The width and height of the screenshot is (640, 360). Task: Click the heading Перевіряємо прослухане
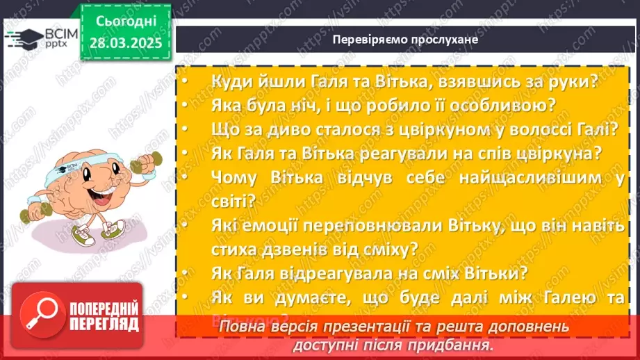[405, 40]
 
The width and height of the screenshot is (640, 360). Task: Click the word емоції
[274, 225]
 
